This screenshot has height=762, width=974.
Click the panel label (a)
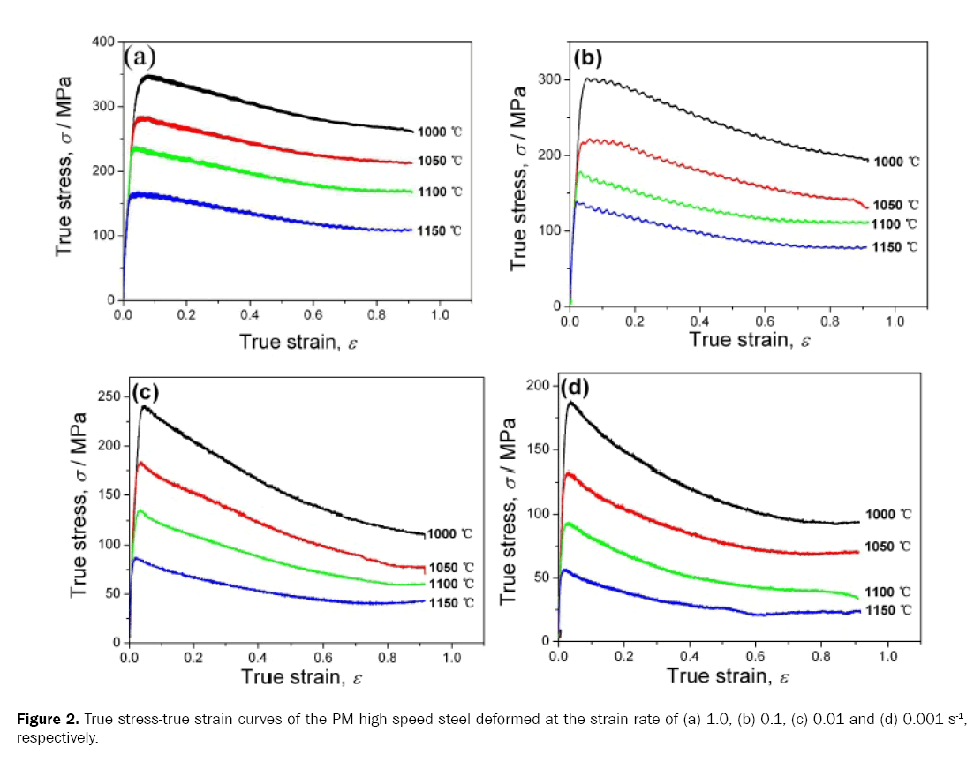[140, 58]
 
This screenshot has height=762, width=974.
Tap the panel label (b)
[588, 58]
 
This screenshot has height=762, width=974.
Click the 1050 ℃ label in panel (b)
[896, 205]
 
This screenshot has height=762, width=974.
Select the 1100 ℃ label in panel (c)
[450, 584]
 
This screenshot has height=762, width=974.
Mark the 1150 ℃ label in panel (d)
[886, 610]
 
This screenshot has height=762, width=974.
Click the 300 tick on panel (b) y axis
[549, 79]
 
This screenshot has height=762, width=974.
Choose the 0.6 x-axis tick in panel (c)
[322, 659]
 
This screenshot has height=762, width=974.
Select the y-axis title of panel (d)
[510, 512]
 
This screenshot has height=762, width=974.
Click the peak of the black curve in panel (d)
[570, 402]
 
